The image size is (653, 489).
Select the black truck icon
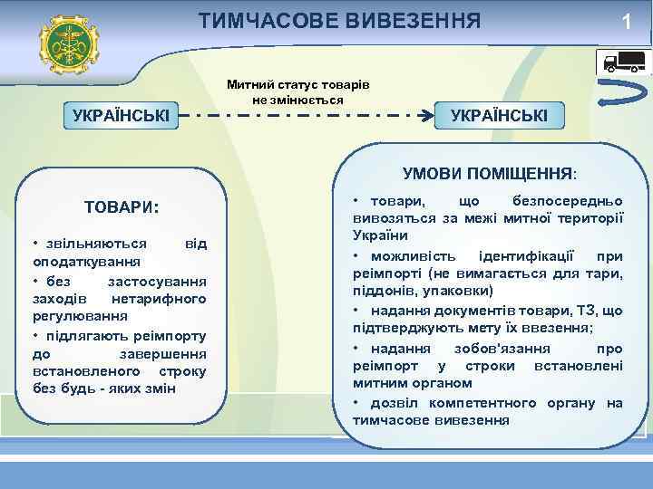[x=624, y=62]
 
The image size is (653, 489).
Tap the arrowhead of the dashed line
[x=431, y=115]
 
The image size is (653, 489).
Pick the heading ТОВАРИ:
[x=122, y=206]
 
